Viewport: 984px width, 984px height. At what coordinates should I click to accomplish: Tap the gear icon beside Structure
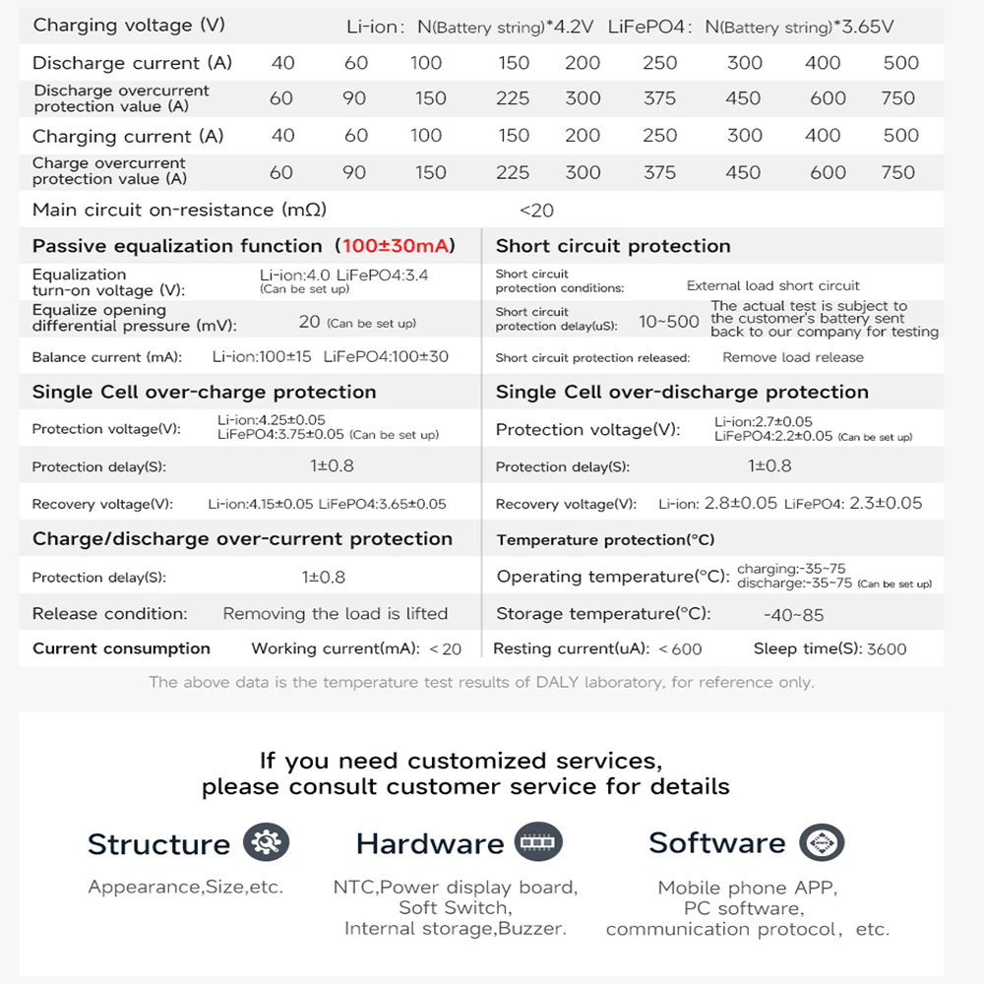[x=265, y=843]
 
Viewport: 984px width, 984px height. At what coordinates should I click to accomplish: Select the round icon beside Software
[x=821, y=843]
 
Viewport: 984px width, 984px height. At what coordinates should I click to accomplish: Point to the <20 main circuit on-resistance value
[x=536, y=210]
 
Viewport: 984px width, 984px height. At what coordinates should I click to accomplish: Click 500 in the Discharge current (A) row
[x=900, y=63]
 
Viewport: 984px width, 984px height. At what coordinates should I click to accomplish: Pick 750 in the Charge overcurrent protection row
[x=897, y=172]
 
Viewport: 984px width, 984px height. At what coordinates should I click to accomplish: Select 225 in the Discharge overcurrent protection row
[x=513, y=98]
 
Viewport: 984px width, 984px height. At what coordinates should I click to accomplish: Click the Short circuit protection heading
[x=613, y=246]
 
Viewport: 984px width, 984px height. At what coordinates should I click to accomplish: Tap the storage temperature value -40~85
[x=793, y=615]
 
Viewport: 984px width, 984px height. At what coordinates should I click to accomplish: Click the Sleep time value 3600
[x=887, y=649]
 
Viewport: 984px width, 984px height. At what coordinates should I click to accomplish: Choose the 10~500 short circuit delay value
[x=669, y=322]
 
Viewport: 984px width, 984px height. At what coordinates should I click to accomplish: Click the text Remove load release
[x=792, y=358]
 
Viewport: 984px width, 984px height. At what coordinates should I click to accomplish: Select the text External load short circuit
[x=772, y=285]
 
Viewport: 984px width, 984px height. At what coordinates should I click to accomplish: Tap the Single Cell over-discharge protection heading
[x=682, y=392]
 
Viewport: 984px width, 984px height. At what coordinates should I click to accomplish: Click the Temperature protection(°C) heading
[x=605, y=540]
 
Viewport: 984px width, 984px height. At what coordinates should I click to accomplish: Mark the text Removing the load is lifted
[x=335, y=614]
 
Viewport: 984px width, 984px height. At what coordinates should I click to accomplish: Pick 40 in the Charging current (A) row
[x=282, y=136]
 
